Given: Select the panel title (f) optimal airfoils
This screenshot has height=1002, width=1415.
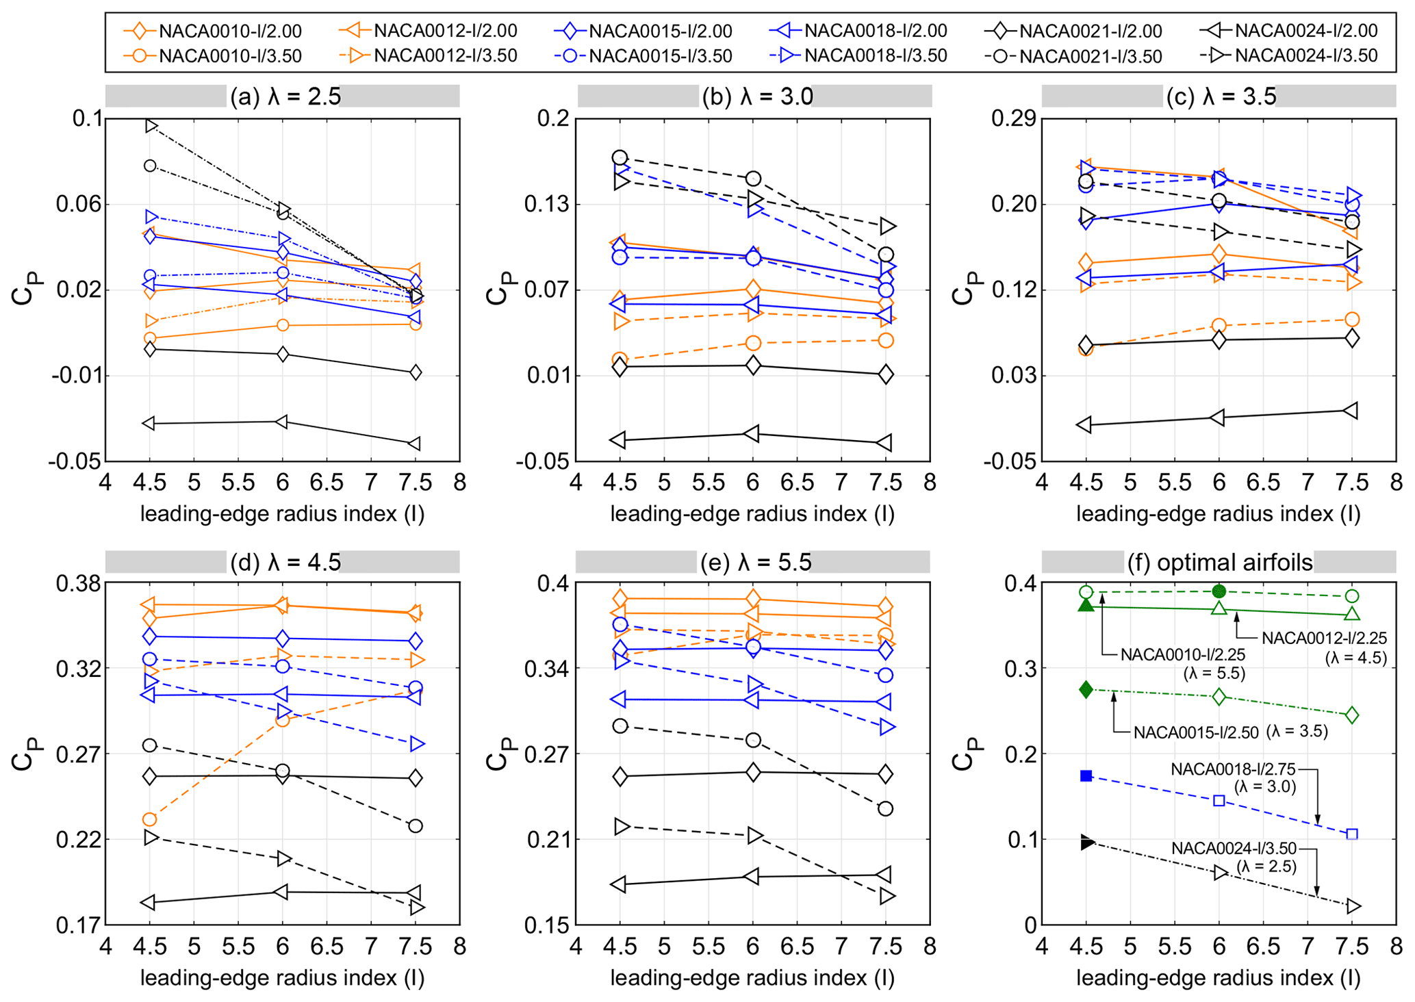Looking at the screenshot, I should coord(1220,562).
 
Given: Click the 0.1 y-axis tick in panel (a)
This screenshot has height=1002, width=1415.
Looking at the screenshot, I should coord(87,118).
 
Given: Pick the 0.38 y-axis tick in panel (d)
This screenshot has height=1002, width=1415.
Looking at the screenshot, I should coord(77,584).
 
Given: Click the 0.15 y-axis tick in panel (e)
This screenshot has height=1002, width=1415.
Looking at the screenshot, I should coord(547,925).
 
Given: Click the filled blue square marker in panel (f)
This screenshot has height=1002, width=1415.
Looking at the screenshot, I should coord(1086,775).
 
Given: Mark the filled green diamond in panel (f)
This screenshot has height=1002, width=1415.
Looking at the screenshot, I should coord(1086,689).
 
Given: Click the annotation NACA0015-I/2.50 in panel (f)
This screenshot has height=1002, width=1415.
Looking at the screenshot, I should coord(1196,732).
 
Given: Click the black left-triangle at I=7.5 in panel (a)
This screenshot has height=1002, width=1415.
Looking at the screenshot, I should coord(414,444).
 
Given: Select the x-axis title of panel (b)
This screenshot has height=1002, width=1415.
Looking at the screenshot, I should coord(752,514).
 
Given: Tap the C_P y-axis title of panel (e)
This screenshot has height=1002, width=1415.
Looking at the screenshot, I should coord(498,754).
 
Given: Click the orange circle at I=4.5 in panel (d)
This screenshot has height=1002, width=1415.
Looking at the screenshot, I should coord(149,819).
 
